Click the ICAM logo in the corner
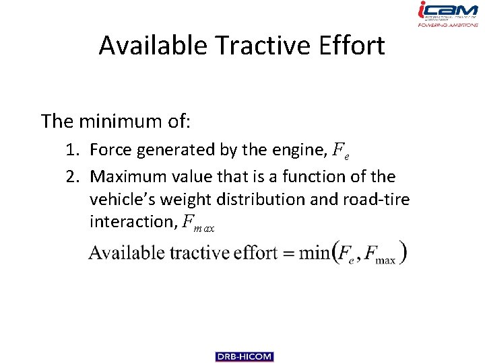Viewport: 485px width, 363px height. [448, 14]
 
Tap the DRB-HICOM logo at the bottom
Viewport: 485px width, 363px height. [245, 357]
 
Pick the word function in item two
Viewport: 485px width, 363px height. [313, 177]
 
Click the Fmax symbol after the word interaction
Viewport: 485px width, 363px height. [199, 223]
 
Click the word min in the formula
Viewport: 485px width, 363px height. [314, 253]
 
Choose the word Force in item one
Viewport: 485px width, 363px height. [111, 150]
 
